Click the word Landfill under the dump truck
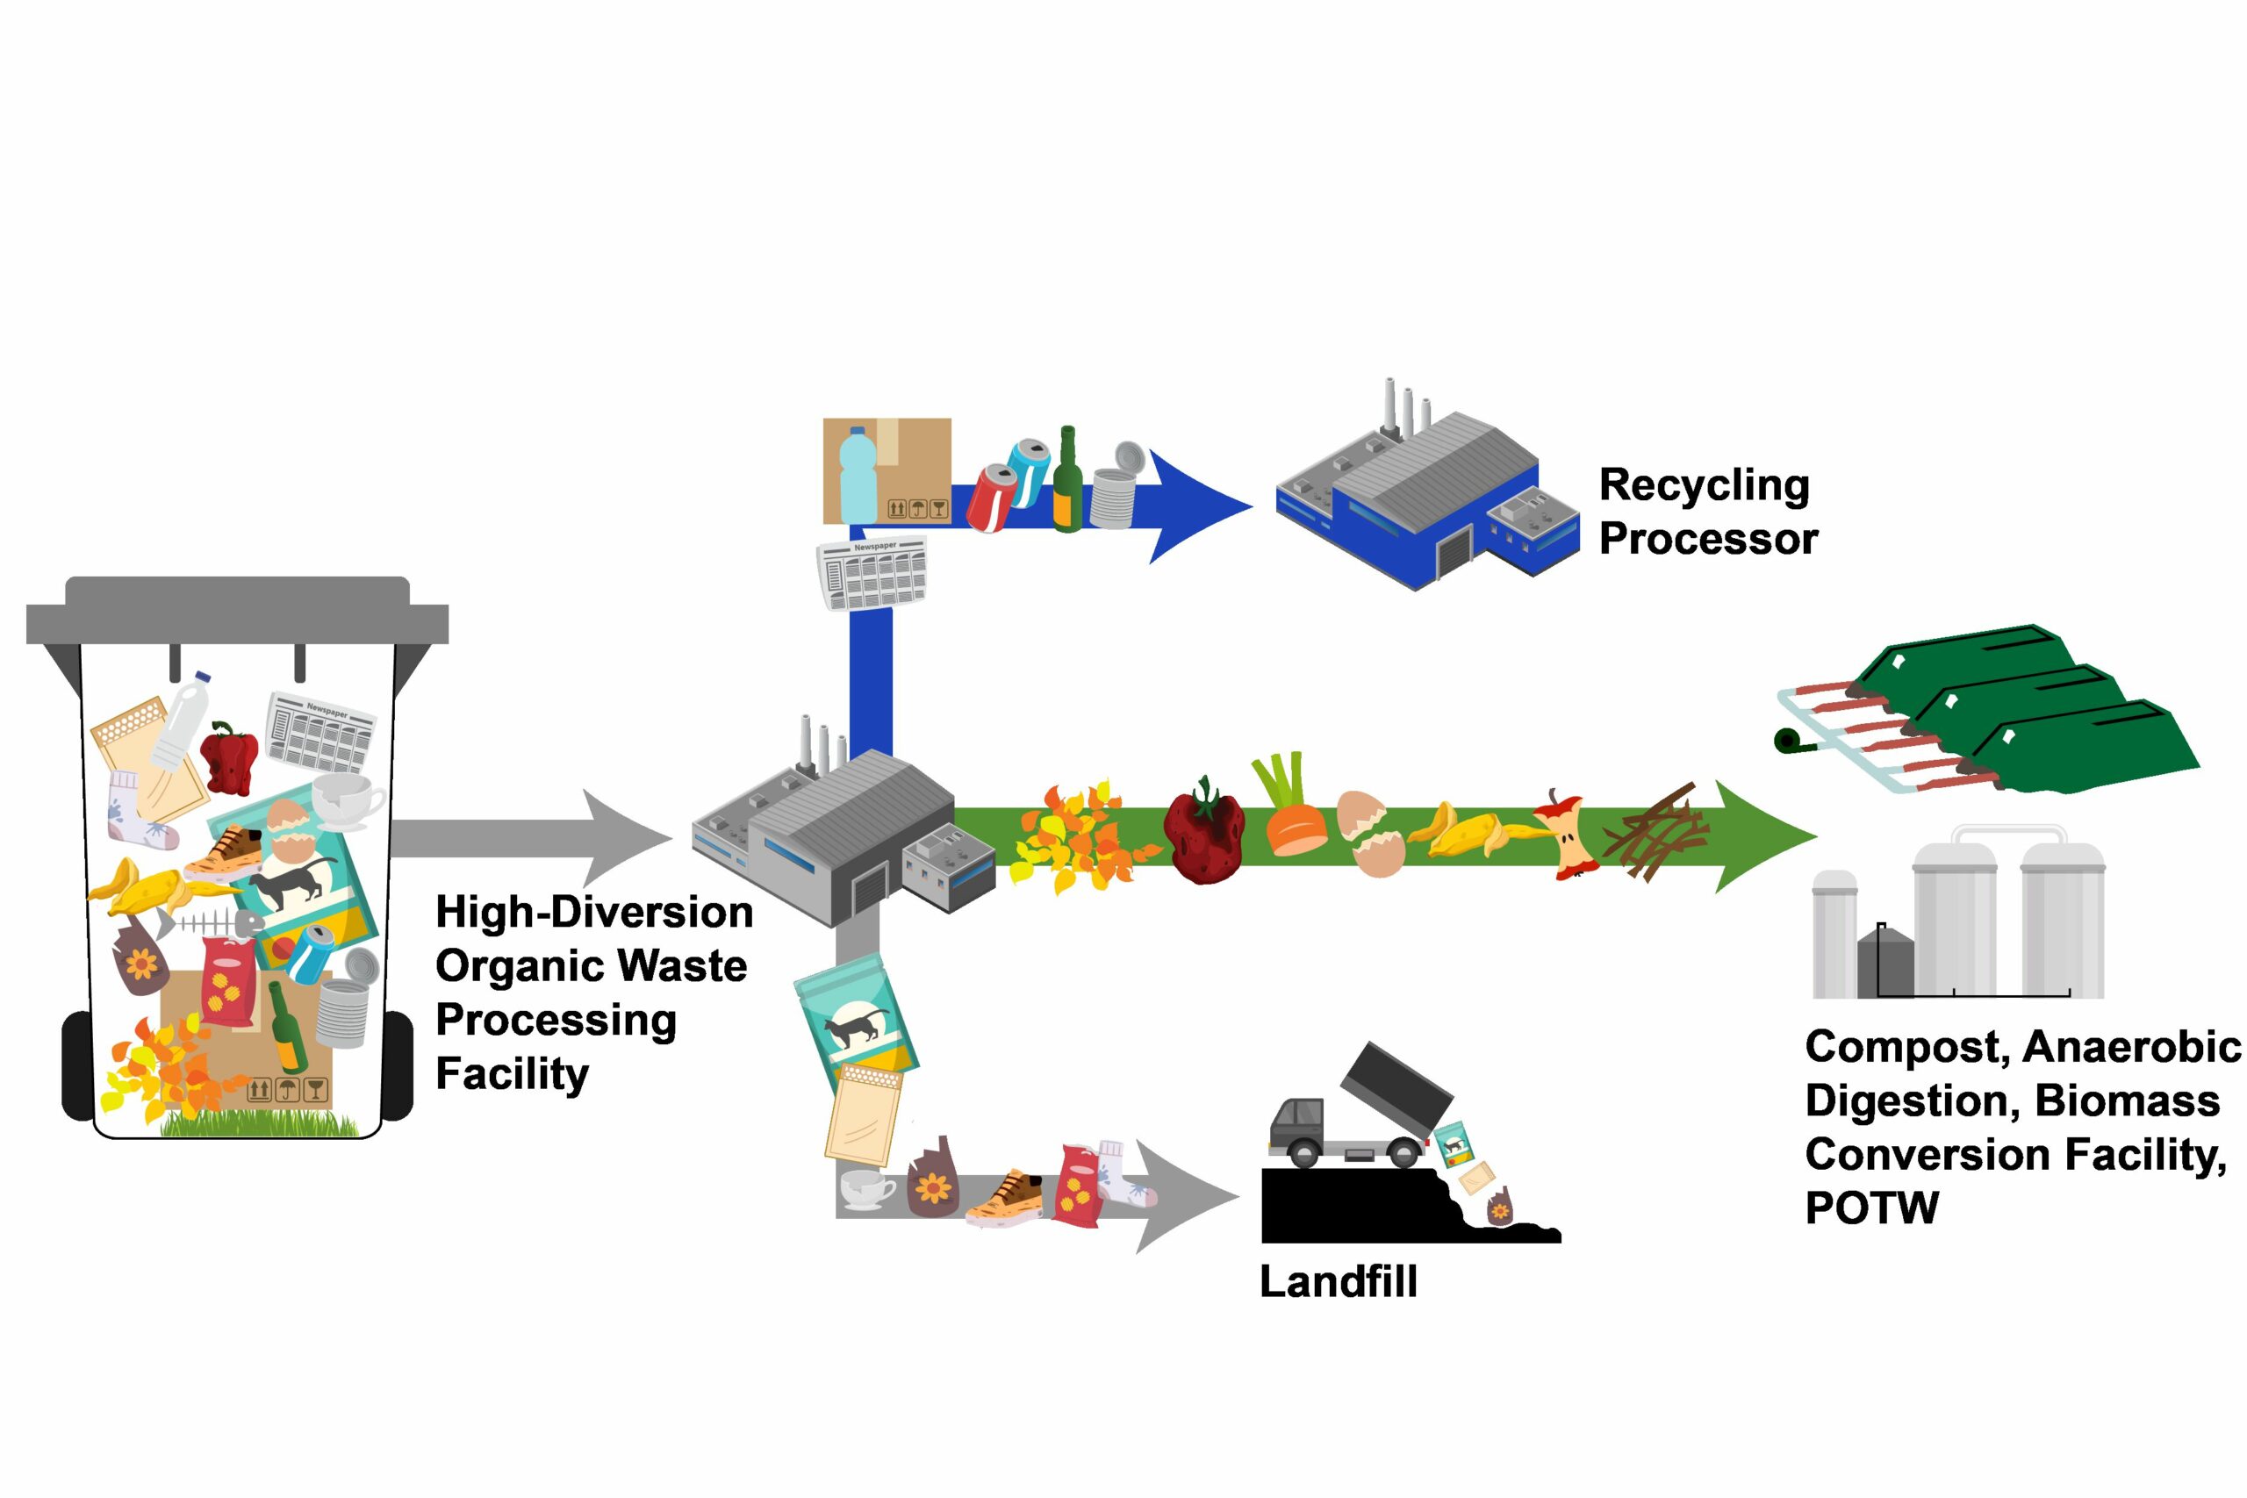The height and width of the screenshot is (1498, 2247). coord(1338,1282)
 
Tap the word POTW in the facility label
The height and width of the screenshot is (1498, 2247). coord(1871,1208)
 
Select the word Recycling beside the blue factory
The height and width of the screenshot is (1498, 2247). coord(1705,485)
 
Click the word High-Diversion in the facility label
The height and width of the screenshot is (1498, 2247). coord(593,913)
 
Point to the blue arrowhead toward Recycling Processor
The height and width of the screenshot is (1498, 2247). coord(1202,506)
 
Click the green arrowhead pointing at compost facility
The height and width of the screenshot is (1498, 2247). coord(1762,836)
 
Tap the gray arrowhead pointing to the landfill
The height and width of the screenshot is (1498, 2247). coord(1185,1196)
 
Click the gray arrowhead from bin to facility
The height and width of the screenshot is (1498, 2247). coord(626,838)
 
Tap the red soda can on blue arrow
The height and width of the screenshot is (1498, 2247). coord(990,498)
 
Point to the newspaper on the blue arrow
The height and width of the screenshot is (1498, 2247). coord(872,573)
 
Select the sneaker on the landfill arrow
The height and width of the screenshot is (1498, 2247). coord(1006,1198)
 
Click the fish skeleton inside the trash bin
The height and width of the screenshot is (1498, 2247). coord(212,924)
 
